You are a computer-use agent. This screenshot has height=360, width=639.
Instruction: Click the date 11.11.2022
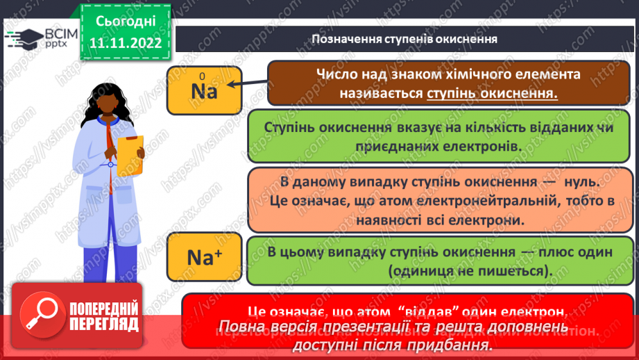(125, 43)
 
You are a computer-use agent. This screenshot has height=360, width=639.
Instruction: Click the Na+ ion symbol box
(204, 257)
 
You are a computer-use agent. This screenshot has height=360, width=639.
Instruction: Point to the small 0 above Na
(202, 76)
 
